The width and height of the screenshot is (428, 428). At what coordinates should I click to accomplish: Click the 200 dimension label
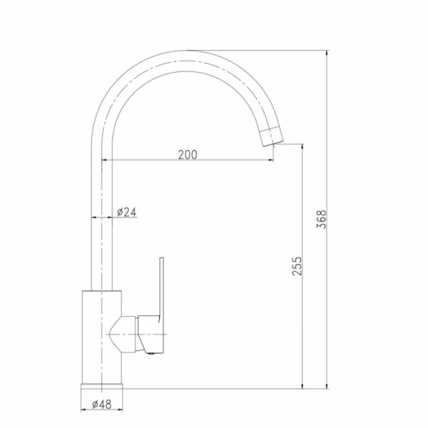click(x=188, y=155)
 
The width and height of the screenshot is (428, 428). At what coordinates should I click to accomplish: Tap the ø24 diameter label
click(x=126, y=212)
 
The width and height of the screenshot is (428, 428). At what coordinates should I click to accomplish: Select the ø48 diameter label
click(x=102, y=404)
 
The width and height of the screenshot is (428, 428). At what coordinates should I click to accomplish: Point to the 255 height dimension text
click(x=297, y=266)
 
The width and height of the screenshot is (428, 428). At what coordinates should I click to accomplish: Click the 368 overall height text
click(x=321, y=219)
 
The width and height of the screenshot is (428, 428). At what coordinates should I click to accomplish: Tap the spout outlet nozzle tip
click(x=271, y=137)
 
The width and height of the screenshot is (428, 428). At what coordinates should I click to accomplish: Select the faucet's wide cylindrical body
click(x=102, y=337)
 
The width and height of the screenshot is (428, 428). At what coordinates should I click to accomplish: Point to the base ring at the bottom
click(x=102, y=386)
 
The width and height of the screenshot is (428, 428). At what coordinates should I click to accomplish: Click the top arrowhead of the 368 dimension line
click(x=327, y=53)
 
